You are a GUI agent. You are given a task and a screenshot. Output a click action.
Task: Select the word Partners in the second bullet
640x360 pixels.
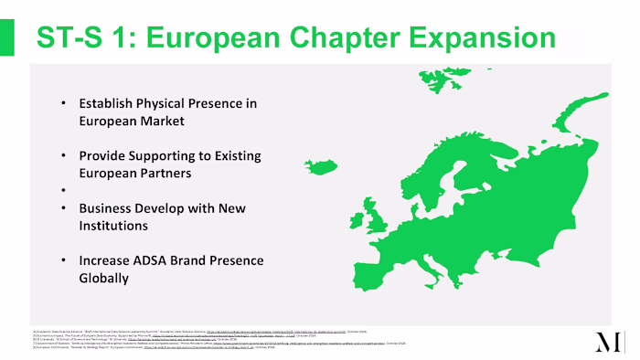point(165,173)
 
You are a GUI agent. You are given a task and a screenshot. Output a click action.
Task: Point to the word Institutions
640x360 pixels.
point(114,226)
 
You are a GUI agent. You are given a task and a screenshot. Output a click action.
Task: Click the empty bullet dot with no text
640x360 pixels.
point(64,191)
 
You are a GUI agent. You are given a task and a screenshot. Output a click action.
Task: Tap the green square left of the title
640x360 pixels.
point(6,37)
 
